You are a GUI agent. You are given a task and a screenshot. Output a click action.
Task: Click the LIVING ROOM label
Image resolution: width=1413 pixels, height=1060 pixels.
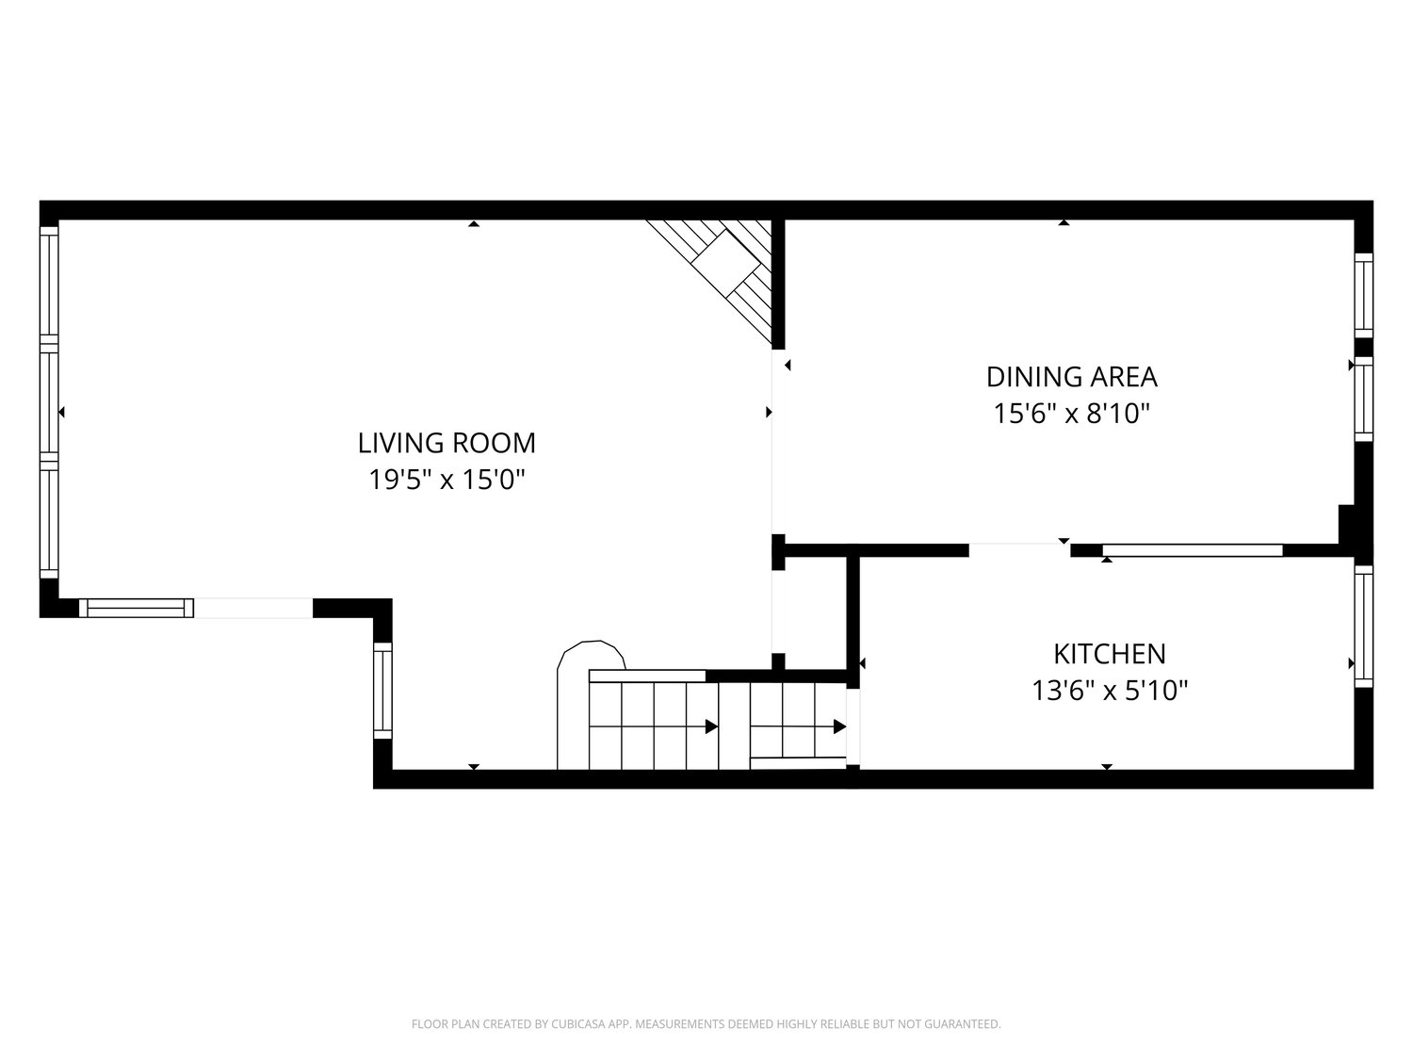[x=447, y=443]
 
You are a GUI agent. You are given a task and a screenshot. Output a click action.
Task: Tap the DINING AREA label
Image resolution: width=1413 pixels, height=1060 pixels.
[x=1072, y=377]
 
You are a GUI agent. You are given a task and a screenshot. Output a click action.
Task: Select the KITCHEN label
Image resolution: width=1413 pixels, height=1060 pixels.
[x=1110, y=654]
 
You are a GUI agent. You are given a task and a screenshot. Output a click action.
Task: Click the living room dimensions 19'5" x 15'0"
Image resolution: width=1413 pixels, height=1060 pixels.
[x=447, y=480]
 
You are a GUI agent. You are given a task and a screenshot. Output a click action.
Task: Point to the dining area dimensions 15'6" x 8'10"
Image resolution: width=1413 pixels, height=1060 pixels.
[x=1072, y=414]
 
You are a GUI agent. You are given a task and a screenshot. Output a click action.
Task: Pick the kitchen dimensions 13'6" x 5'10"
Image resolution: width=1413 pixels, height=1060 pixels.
[x=1110, y=691]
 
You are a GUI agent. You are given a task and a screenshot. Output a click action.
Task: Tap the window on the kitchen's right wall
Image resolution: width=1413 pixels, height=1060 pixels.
[x=1363, y=627]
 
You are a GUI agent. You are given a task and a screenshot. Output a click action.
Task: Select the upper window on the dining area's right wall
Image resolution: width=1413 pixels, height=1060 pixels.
[x=1363, y=296]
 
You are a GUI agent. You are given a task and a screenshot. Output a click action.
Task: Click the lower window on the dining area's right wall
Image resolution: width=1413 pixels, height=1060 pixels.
[x=1363, y=399]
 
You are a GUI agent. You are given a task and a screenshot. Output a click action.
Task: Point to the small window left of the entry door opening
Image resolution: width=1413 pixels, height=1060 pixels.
[x=136, y=608]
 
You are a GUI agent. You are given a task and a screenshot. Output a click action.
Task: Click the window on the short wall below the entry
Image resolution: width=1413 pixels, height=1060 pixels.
[x=382, y=691]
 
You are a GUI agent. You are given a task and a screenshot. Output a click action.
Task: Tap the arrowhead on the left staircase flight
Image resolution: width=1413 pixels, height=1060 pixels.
[x=711, y=726]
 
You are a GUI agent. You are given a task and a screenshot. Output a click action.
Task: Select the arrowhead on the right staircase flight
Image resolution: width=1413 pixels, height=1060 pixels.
[x=839, y=726]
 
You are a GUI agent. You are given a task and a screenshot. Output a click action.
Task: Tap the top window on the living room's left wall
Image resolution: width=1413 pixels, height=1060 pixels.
[x=49, y=285]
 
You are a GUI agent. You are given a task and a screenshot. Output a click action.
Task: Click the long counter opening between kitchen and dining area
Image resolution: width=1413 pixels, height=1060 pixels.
[x=1193, y=550]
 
